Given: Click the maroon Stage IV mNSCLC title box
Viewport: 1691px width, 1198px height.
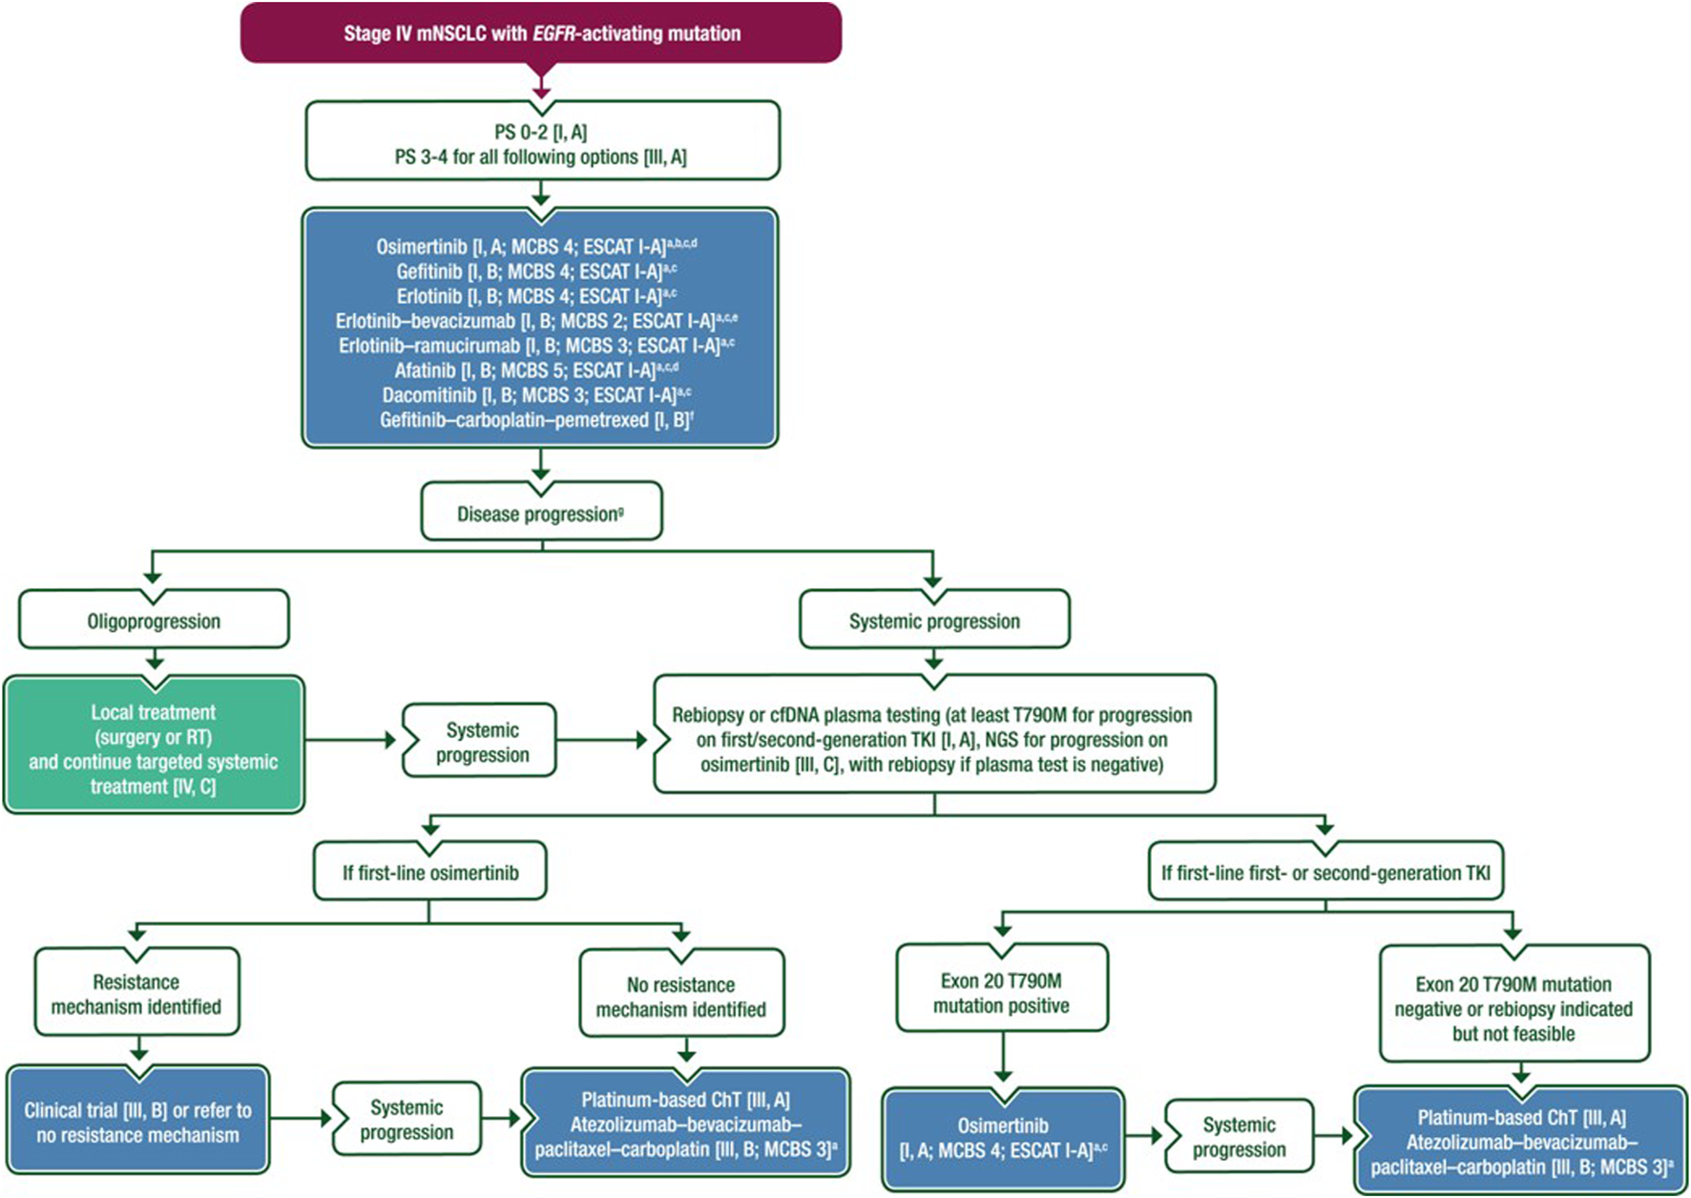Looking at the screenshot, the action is (x=541, y=33).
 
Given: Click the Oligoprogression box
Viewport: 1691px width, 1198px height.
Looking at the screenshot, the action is (x=154, y=620).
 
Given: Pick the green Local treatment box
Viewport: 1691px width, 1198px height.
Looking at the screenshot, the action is (x=154, y=747).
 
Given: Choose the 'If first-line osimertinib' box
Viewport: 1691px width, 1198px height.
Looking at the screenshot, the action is (x=430, y=872).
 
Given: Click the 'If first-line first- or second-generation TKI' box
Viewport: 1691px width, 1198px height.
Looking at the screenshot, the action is (x=1326, y=872).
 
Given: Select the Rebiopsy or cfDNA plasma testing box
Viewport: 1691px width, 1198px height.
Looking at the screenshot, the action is (x=933, y=738).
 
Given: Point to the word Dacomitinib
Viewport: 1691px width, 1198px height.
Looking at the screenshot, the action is (x=429, y=395).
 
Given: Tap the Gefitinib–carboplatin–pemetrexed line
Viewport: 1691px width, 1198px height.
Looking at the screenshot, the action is (x=536, y=420).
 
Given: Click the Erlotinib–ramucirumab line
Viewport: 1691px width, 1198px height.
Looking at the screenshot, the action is (x=536, y=346).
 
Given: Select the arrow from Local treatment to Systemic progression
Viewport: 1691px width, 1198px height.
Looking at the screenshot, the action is (x=350, y=740).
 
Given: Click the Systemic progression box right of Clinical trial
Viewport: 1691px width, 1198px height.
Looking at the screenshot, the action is (x=407, y=1119).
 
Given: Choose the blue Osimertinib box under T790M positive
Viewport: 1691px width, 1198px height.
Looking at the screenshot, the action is (x=1003, y=1138).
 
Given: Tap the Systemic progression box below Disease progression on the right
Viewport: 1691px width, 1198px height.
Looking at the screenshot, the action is (x=934, y=620).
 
